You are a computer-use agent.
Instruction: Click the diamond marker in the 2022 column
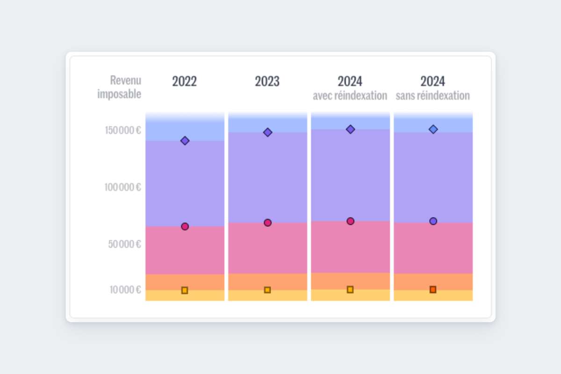tap(185, 141)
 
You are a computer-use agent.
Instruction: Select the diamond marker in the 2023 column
tap(267, 132)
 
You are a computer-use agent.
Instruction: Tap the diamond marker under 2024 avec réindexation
tap(350, 129)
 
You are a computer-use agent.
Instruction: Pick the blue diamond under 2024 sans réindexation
tap(433, 129)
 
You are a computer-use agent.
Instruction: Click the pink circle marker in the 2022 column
tap(185, 227)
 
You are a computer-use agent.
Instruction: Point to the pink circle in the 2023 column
tap(267, 223)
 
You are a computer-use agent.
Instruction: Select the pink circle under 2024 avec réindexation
tap(350, 221)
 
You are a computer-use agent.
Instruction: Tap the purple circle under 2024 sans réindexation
tap(433, 221)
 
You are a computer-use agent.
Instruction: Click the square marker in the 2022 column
tap(185, 290)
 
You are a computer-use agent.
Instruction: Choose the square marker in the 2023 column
tap(267, 290)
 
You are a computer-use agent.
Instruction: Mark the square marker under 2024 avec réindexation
tap(350, 289)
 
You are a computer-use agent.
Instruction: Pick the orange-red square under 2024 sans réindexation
tap(433, 289)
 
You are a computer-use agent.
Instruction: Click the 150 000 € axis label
tap(123, 130)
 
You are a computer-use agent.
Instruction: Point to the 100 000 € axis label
tap(123, 187)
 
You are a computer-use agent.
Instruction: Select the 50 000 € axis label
tap(125, 244)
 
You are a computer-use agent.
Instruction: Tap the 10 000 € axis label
tap(125, 290)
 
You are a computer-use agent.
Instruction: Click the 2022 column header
tap(184, 81)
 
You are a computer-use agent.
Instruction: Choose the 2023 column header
tap(267, 81)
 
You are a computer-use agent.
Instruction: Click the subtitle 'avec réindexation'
tap(350, 96)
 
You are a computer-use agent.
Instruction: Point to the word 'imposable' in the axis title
tap(119, 94)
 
